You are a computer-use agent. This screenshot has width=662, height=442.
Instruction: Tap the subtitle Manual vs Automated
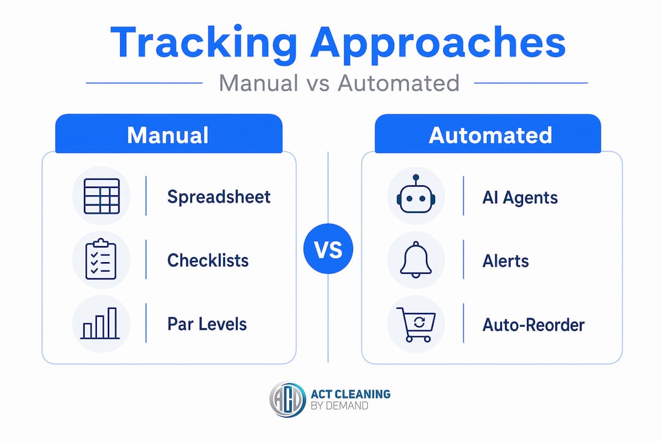tap(339, 83)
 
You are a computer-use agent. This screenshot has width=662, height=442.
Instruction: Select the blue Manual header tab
tap(169, 134)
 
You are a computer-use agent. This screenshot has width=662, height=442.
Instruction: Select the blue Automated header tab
tap(488, 134)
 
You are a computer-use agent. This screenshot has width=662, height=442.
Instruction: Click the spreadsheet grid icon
tap(102, 196)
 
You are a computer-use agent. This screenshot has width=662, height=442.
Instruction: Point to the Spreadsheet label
tap(219, 196)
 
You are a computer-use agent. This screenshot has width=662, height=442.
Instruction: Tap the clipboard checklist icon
tap(101, 259)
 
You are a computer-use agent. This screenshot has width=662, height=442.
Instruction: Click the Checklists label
tap(208, 260)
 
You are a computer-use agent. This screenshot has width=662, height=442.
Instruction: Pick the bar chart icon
tap(100, 323)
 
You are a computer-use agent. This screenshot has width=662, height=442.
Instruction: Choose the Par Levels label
tap(207, 324)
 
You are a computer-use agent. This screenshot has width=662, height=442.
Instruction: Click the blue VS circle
tap(328, 249)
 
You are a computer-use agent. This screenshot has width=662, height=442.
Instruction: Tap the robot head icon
tap(416, 194)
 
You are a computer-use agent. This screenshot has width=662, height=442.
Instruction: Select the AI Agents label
tap(520, 198)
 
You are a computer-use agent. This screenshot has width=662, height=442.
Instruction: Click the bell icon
tap(416, 260)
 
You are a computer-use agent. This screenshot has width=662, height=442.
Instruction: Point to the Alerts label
tap(505, 261)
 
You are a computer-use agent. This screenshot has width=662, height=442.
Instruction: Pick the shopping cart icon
tap(416, 324)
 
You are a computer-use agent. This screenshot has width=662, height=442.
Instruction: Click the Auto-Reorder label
tap(533, 325)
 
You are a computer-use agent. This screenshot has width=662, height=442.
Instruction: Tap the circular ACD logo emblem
tap(287, 400)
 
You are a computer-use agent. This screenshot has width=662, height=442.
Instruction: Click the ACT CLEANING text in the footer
tap(351, 394)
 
